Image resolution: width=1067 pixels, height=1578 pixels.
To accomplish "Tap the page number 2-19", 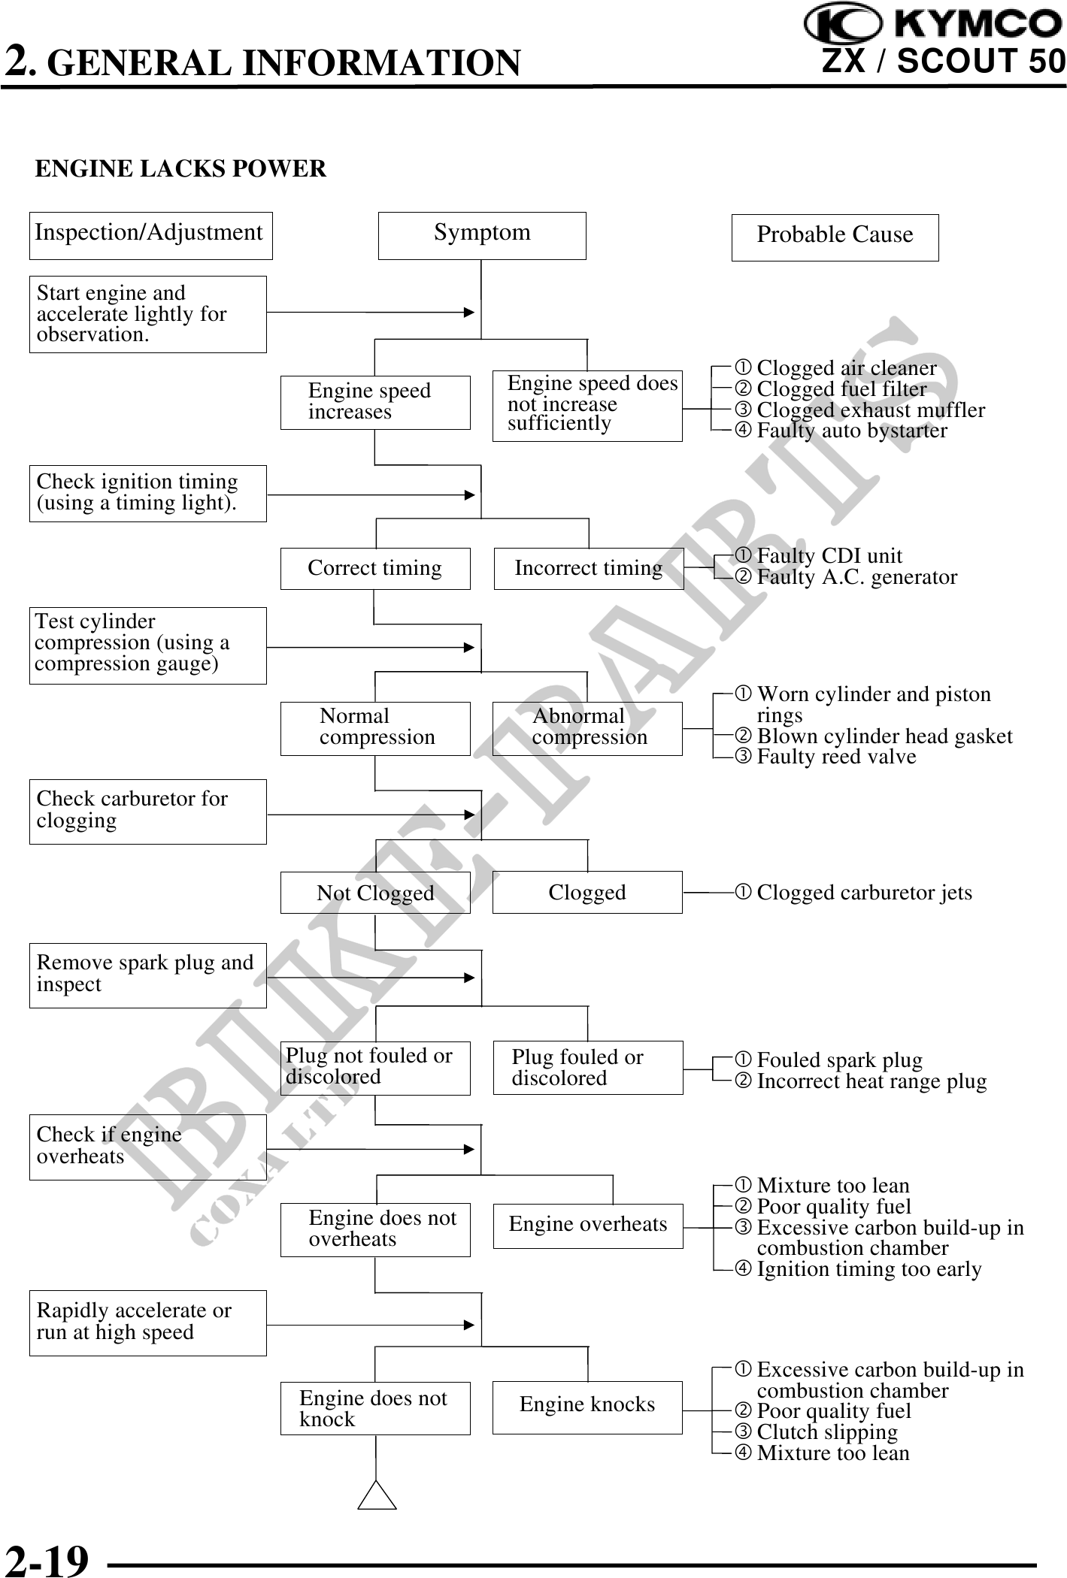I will [47, 1559].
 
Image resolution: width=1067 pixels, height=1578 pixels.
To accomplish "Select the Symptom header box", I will [482, 235].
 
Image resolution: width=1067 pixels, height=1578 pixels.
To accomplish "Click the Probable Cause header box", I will [835, 237].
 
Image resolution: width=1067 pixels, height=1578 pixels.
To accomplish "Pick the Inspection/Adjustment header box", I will [150, 235].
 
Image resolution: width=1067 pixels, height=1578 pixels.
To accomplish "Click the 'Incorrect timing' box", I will [589, 569].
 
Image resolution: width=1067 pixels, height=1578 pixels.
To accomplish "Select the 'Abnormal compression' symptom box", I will [587, 728].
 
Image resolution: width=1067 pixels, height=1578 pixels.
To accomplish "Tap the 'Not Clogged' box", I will [375, 893].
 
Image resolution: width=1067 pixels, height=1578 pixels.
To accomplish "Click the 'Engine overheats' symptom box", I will [588, 1226].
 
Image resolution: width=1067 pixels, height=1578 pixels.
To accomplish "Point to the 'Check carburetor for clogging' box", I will [147, 812].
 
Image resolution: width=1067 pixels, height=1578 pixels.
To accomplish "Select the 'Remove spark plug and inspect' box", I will [147, 975].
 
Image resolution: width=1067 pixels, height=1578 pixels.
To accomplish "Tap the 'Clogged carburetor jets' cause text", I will [863, 893].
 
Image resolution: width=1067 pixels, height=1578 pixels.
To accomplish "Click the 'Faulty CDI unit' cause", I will [829, 556].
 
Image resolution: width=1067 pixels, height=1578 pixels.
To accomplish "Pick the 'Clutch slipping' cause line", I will [826, 1432].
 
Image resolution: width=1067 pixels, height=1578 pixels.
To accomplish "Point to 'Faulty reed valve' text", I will [835, 757].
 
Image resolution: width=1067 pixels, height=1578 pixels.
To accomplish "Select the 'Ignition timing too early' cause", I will [868, 1269].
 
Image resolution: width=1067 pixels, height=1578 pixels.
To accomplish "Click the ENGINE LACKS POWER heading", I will [180, 168].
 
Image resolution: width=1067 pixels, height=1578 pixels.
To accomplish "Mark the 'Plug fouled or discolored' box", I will [588, 1068].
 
